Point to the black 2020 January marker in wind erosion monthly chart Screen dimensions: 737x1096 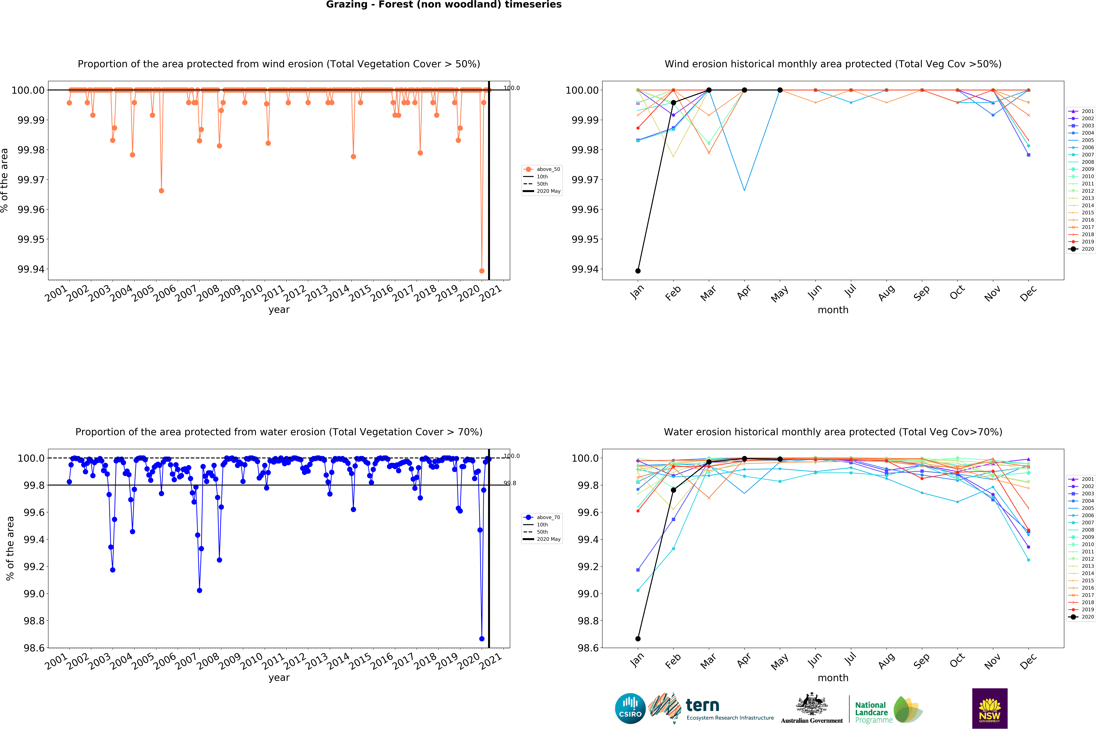point(637,271)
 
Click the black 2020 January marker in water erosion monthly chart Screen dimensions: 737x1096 point(637,639)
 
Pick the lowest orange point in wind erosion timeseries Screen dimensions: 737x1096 point(481,271)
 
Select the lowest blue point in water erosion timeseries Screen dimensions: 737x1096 point(481,639)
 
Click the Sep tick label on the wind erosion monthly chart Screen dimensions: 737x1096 point(921,293)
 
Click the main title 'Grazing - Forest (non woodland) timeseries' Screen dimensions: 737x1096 point(443,5)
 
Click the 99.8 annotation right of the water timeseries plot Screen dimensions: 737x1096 point(510,483)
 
